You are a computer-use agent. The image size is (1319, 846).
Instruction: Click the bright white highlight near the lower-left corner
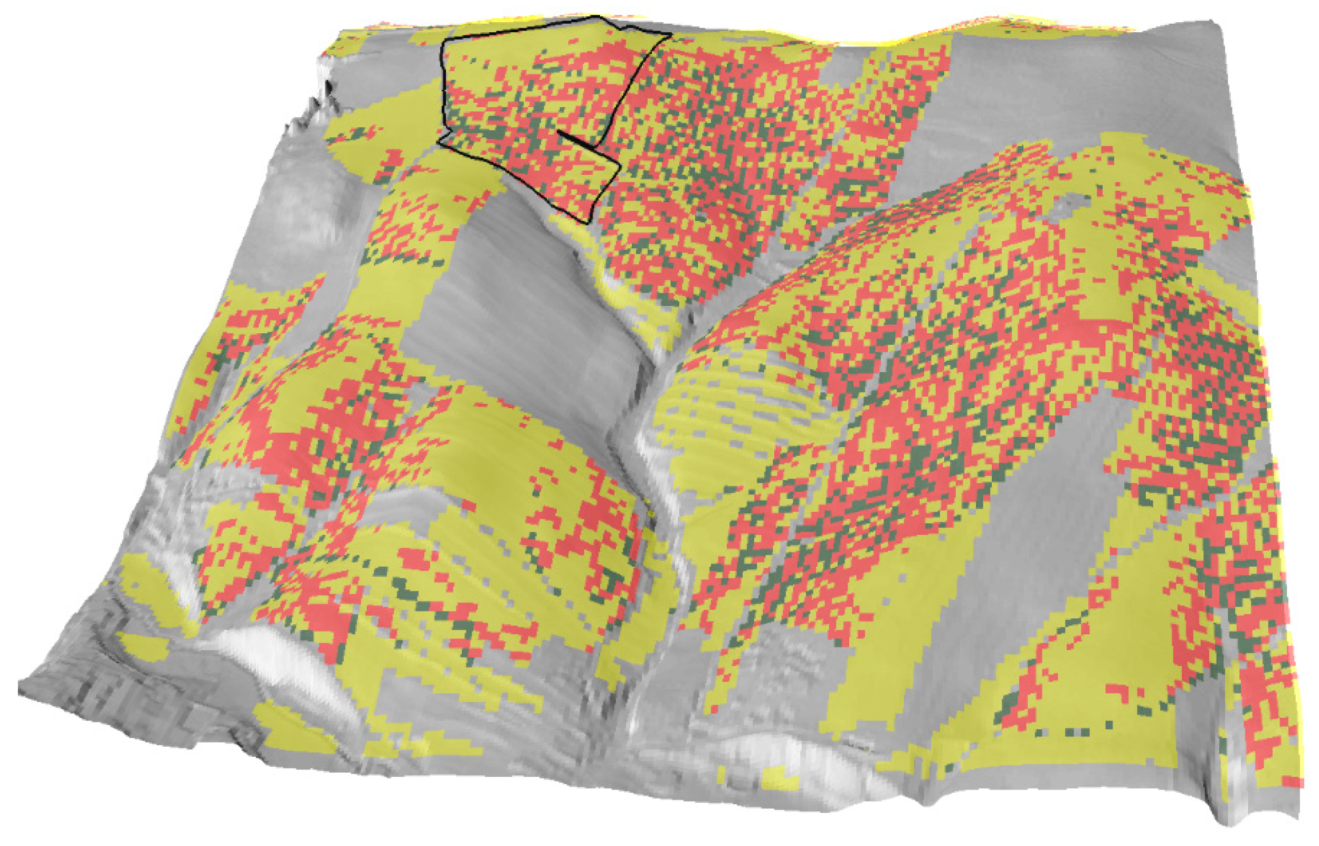pos(263,648)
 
